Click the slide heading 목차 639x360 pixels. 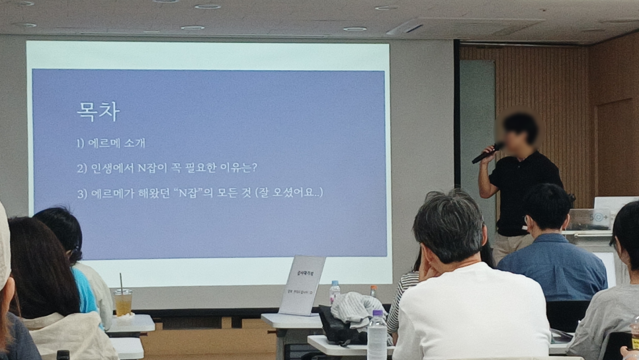[x=98, y=112]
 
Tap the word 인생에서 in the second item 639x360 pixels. [x=112, y=168]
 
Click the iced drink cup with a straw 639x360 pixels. [x=122, y=302]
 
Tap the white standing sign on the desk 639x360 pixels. [x=302, y=285]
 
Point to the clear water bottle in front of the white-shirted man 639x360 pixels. [x=377, y=337]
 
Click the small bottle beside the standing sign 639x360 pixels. [x=335, y=292]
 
